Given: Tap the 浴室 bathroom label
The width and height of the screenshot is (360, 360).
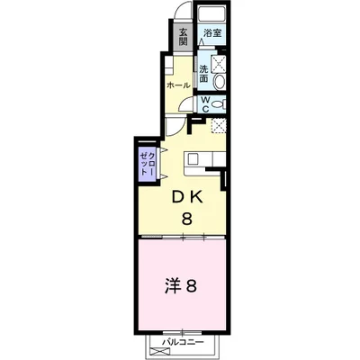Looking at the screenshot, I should click(x=212, y=33).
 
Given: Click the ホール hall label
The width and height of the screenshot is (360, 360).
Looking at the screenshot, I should click(x=177, y=85).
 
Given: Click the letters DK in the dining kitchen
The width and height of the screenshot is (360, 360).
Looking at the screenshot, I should click(x=186, y=196).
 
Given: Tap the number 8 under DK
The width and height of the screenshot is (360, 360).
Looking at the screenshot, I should click(x=187, y=219).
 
